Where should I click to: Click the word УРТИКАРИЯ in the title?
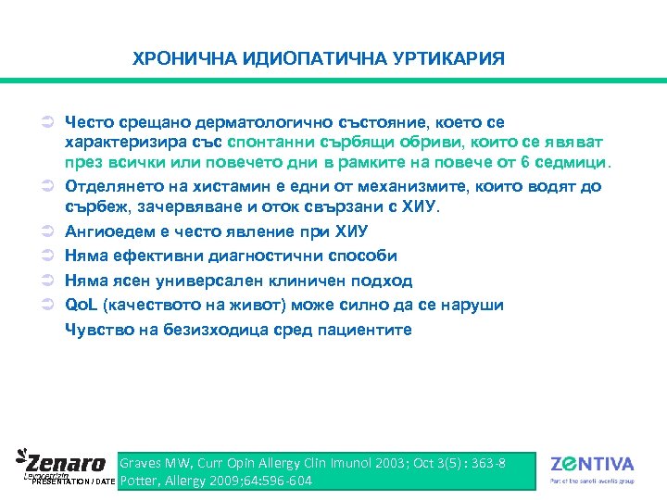453,59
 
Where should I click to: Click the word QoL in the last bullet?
81,305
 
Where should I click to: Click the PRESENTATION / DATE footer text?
73,482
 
